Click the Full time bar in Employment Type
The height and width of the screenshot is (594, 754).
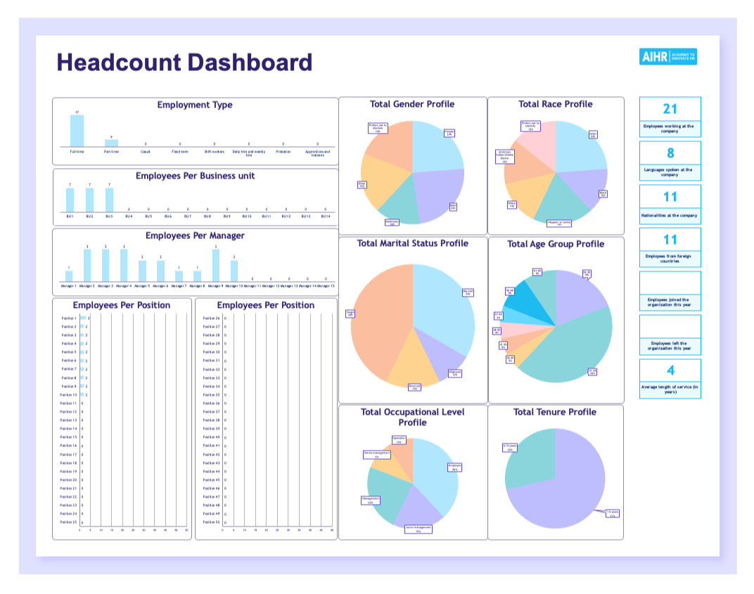click(77, 130)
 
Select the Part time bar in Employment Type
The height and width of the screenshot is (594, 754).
click(111, 143)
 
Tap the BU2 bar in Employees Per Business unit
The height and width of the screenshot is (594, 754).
click(89, 200)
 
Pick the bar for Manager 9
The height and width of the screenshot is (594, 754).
click(216, 265)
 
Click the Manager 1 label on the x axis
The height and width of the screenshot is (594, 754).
click(68, 286)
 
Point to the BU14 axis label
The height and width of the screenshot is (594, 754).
click(325, 217)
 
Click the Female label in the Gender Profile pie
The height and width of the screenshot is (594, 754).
click(449, 132)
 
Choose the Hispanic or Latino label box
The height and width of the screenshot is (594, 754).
click(559, 223)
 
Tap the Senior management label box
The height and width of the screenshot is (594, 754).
click(376, 455)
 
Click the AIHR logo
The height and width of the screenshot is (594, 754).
click(667, 57)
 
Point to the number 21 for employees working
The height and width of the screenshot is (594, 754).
click(670, 109)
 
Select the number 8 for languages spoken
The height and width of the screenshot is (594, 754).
click(670, 153)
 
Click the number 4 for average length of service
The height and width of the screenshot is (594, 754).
click(670, 370)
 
